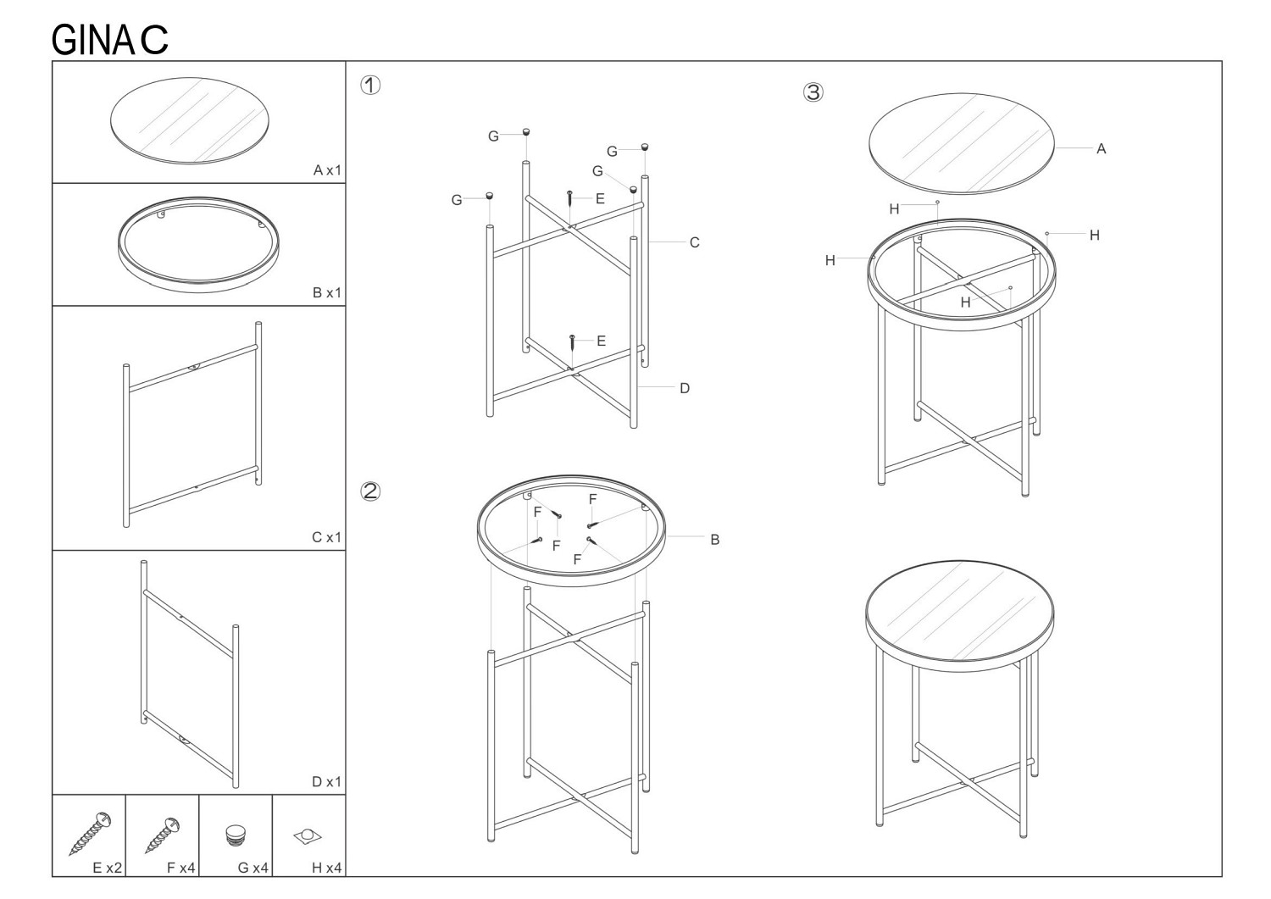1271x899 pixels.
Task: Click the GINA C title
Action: [x=109, y=40]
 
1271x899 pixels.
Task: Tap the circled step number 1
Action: [x=370, y=86]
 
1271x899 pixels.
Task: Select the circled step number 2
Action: [x=370, y=491]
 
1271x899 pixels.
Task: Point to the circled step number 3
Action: [x=813, y=92]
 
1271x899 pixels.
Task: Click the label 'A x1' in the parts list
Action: [x=327, y=170]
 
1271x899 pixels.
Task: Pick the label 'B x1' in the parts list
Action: [x=327, y=293]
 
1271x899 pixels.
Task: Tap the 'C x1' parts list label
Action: [x=327, y=537]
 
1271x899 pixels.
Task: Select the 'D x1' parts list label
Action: [x=327, y=782]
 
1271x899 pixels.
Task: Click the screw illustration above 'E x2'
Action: [x=90, y=834]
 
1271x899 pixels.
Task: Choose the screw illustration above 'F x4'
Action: [x=163, y=835]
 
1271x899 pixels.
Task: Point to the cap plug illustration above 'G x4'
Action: [x=236, y=835]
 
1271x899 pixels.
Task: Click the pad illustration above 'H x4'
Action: [x=308, y=836]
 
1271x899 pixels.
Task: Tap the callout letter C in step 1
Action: [x=695, y=243]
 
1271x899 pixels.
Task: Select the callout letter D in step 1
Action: [x=685, y=389]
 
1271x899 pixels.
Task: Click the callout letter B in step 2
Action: [x=715, y=541]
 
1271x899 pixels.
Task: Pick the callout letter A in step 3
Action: [x=1102, y=149]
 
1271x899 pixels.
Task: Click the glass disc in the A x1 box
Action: [x=190, y=121]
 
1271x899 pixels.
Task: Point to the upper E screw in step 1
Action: [x=569, y=199]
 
